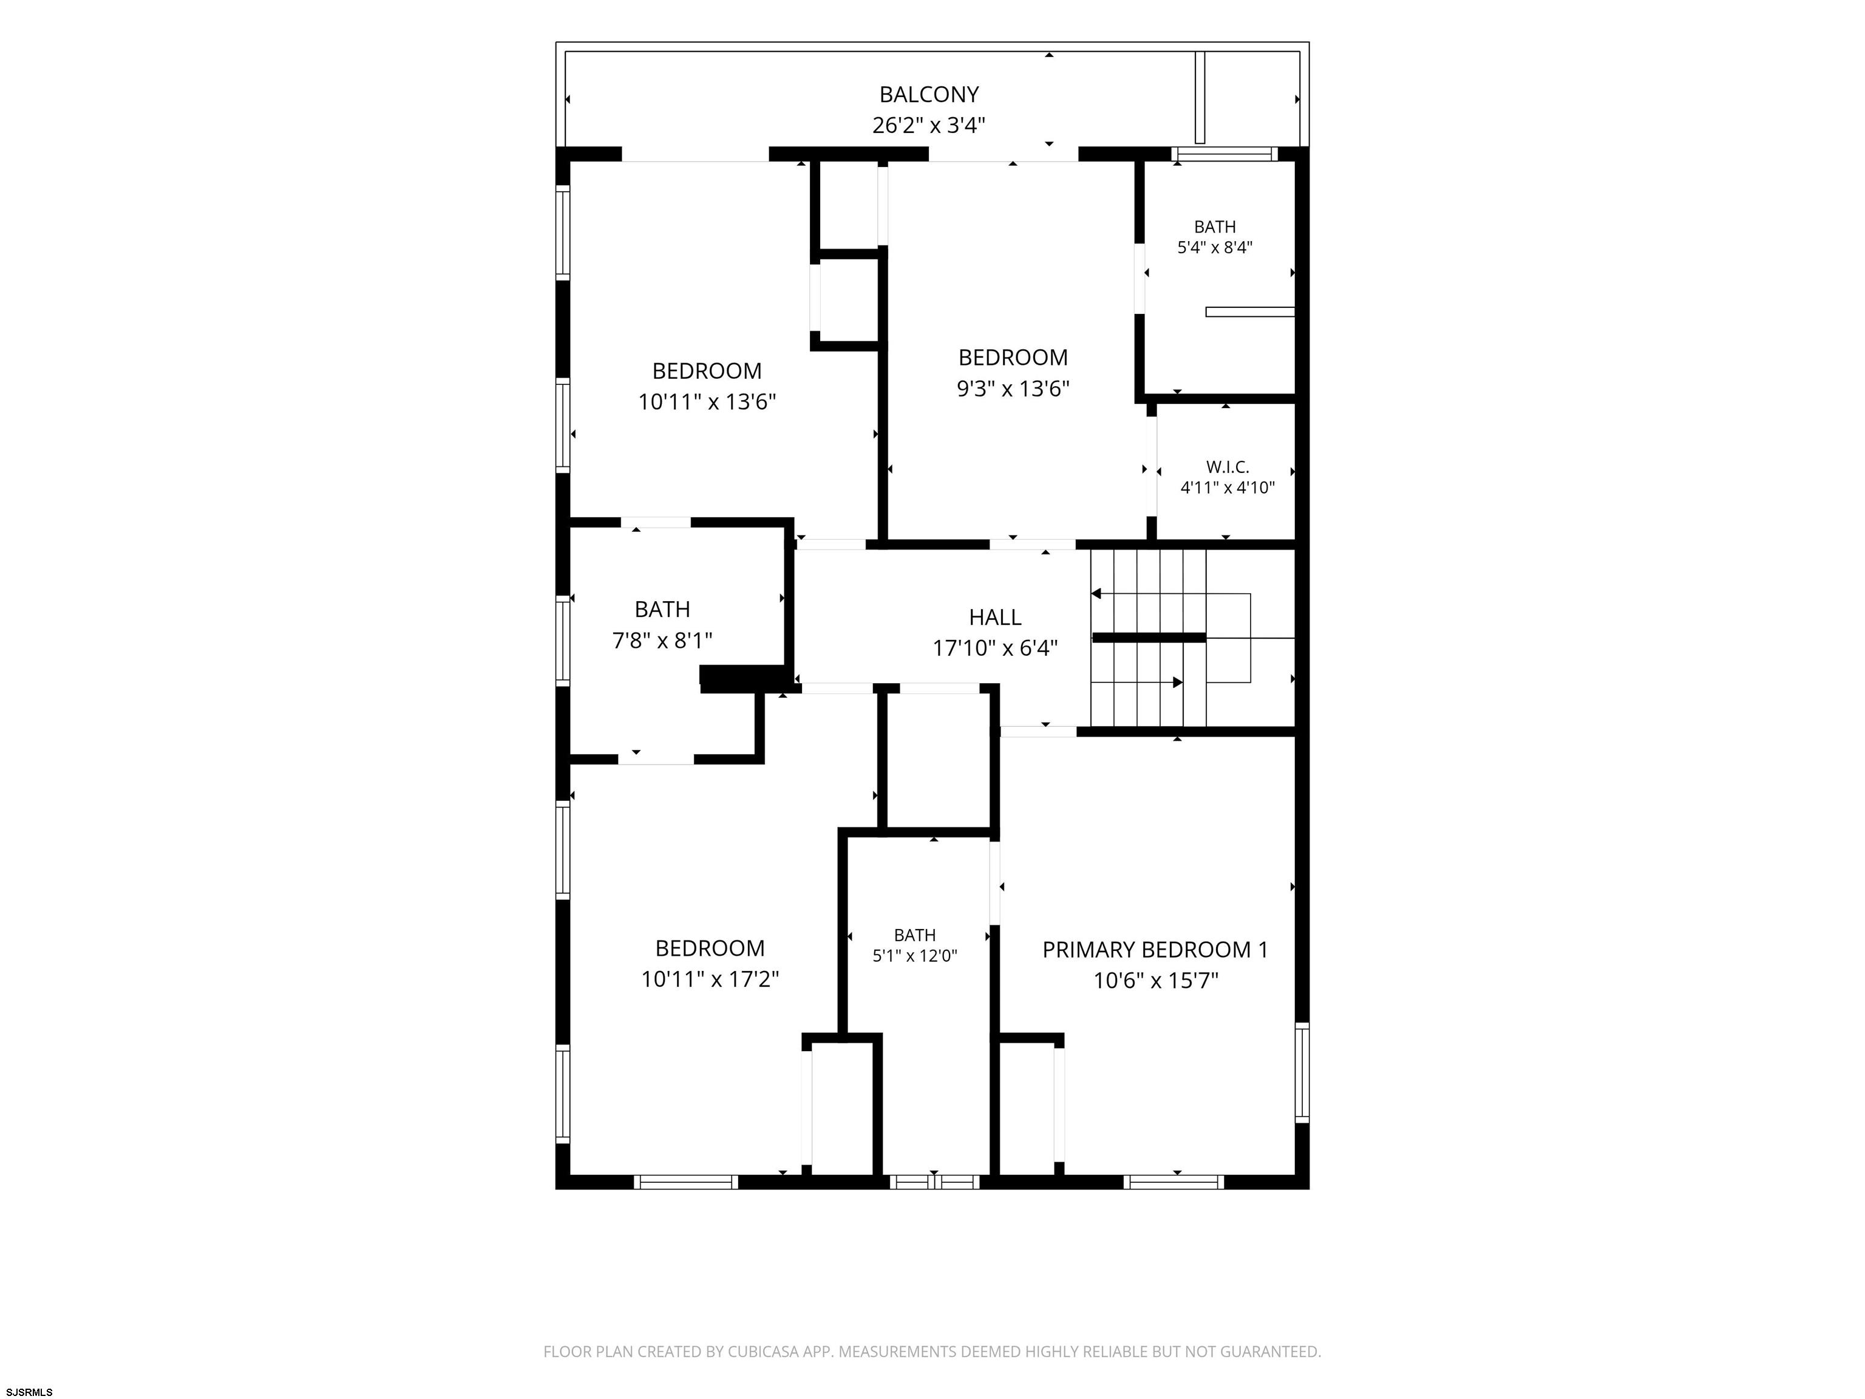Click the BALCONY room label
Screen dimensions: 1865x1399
(x=928, y=95)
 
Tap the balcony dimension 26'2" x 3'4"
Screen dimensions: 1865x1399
(x=928, y=126)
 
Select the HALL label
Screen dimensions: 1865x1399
(x=995, y=618)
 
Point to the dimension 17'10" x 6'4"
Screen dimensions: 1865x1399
(x=995, y=648)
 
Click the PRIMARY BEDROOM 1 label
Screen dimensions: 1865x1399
(x=1155, y=950)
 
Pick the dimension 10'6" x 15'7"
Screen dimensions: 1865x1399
(x=1156, y=981)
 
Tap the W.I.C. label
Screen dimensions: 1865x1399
(x=1227, y=466)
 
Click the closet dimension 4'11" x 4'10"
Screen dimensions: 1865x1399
(x=1227, y=488)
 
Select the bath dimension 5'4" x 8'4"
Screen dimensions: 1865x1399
(x=1215, y=248)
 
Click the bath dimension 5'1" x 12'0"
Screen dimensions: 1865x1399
(x=915, y=956)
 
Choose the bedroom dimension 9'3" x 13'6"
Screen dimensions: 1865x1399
(x=1013, y=389)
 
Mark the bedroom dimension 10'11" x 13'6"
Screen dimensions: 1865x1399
(x=707, y=402)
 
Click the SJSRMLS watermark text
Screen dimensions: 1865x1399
(x=30, y=1392)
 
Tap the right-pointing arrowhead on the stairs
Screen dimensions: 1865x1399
(x=1178, y=682)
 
